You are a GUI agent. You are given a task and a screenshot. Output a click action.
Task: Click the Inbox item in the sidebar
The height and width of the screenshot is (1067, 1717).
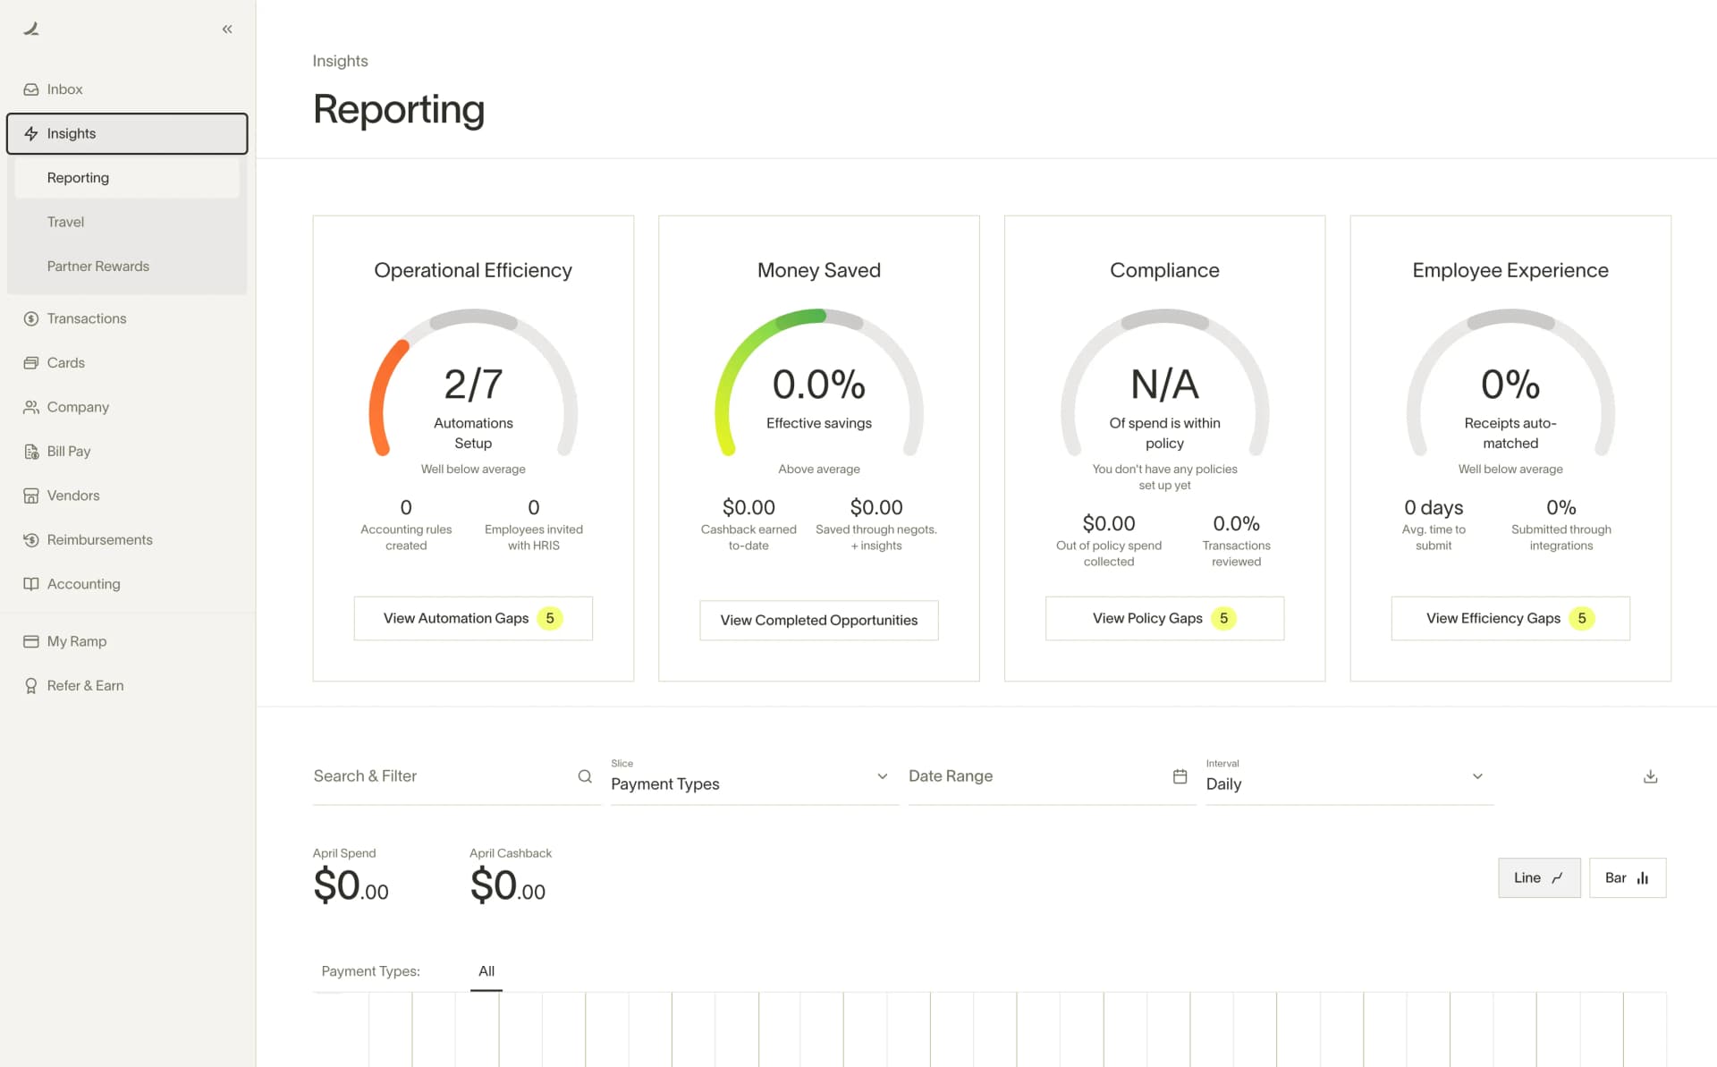pyautogui.click(x=64, y=89)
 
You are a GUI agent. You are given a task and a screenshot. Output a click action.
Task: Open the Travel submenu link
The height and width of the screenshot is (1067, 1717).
pyautogui.click(x=65, y=222)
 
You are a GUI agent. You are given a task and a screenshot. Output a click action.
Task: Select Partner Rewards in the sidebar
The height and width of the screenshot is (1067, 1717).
pyautogui.click(x=97, y=267)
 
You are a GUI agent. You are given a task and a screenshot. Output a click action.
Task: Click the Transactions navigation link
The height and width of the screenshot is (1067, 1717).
pyautogui.click(x=86, y=318)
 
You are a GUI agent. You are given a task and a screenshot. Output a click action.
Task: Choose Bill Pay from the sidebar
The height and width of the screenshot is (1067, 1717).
pyautogui.click(x=68, y=452)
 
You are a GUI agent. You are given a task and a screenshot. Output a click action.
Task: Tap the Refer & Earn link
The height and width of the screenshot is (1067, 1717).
pyautogui.click(x=85, y=686)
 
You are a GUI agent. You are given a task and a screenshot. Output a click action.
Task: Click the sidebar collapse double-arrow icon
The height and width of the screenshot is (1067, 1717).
pyautogui.click(x=227, y=30)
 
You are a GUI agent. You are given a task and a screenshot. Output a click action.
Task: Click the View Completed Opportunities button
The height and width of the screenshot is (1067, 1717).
pyautogui.click(x=818, y=620)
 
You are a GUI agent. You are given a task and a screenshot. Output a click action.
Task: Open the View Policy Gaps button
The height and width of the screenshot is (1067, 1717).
pyautogui.click(x=1163, y=618)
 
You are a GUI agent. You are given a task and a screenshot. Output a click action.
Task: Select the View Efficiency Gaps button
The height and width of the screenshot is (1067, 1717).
pyautogui.click(x=1510, y=618)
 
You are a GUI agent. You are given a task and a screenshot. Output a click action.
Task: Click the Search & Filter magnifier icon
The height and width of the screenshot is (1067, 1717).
pyautogui.click(x=585, y=776)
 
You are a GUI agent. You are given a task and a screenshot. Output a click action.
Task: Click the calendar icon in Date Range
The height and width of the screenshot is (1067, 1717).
pyautogui.click(x=1180, y=776)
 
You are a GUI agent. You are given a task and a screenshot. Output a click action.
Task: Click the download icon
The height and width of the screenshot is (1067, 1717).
pyautogui.click(x=1650, y=776)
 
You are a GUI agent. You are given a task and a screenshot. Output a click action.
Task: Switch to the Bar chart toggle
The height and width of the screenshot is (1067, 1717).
pyautogui.click(x=1627, y=877)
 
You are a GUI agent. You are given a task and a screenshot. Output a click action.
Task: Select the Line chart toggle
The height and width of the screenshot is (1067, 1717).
pyautogui.click(x=1538, y=877)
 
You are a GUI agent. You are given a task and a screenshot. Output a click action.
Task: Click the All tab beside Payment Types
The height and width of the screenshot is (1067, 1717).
pyautogui.click(x=486, y=971)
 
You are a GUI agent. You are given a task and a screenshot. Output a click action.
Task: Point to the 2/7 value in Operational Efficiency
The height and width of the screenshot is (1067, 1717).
pyautogui.click(x=473, y=385)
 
